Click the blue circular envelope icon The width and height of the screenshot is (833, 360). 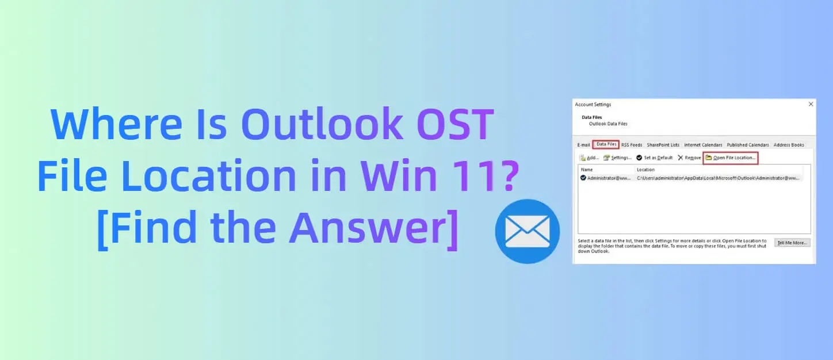click(527, 231)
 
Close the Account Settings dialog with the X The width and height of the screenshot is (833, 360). click(811, 104)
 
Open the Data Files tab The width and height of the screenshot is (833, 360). click(606, 145)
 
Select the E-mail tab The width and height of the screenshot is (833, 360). click(583, 145)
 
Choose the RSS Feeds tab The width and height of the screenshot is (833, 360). click(632, 145)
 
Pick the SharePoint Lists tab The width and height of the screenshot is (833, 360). click(663, 145)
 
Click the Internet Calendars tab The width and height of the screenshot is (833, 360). click(703, 145)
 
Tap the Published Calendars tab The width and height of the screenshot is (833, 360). click(748, 145)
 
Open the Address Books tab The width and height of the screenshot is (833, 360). click(789, 145)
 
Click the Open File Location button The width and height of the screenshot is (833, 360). click(731, 158)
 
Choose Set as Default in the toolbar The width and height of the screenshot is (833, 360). click(655, 158)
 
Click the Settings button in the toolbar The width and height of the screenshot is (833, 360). click(618, 158)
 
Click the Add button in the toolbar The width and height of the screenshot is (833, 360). click(589, 158)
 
